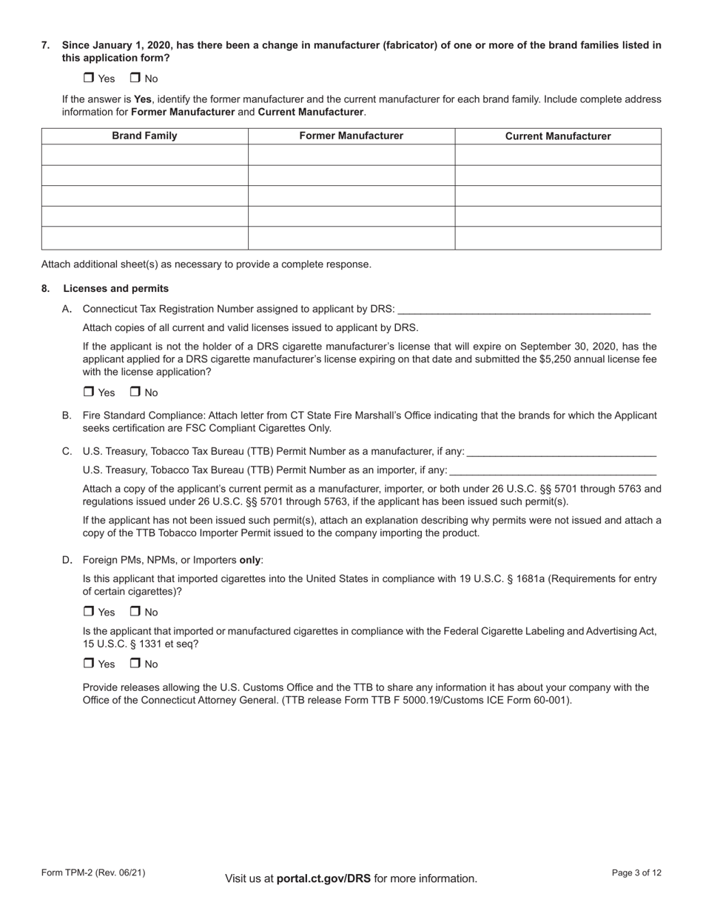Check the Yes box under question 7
(89, 78)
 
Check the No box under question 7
(135, 78)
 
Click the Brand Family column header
(144, 136)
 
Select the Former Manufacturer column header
(351, 136)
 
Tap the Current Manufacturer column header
(558, 136)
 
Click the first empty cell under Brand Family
(144, 155)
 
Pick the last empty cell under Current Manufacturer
(558, 238)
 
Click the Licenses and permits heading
(115, 289)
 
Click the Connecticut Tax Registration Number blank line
(523, 310)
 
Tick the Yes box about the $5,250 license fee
(89, 392)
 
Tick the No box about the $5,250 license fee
(135, 392)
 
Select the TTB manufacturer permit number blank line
(562, 452)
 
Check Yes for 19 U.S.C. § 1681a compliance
(89, 611)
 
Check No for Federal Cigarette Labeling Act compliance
(135, 663)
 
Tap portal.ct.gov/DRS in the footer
(323, 878)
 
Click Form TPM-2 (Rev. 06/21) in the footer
(93, 872)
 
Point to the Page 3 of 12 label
(636, 872)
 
